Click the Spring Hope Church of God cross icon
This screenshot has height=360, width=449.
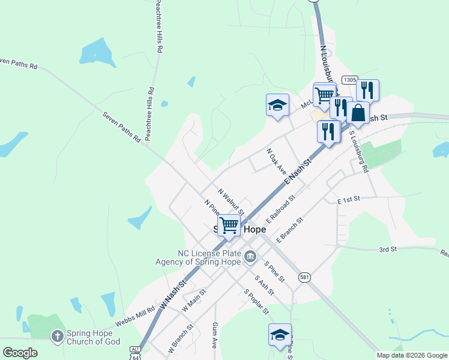[57, 336]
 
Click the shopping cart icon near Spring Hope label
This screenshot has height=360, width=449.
[229, 226]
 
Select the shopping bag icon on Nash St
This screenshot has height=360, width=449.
[358, 113]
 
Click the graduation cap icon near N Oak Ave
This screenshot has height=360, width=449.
[277, 105]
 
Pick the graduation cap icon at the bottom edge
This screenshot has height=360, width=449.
[280, 335]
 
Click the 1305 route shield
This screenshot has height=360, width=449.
[350, 80]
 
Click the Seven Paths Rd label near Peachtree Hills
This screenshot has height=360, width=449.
[121, 126]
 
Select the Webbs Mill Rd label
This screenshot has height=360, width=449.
[135, 318]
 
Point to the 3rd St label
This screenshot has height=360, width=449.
[388, 249]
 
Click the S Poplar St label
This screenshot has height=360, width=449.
[256, 301]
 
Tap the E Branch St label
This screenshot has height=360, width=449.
[290, 230]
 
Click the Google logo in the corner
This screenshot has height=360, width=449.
[20, 353]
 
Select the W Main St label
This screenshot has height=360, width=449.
[193, 298]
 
